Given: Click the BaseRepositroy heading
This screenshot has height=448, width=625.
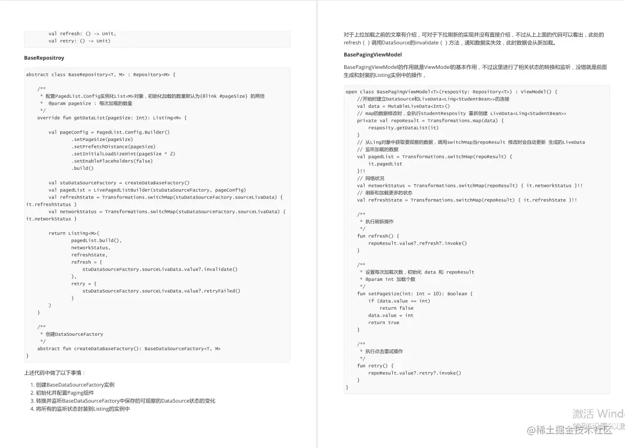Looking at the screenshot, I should click(44, 58).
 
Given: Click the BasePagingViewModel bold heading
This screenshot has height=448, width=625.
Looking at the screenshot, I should click(373, 55).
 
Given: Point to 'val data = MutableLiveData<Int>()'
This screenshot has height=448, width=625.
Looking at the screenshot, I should click(403, 106).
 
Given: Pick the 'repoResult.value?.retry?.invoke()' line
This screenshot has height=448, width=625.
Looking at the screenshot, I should click(414, 373).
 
